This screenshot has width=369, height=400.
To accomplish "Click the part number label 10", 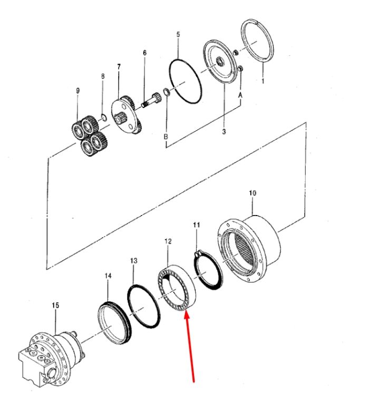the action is pos(253,193).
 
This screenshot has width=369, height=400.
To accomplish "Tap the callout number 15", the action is pos(55,305).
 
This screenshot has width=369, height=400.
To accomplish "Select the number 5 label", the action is pos(178,34).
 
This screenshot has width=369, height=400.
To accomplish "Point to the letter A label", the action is pos(240,95).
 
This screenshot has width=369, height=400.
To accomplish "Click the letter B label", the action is pos(166,136).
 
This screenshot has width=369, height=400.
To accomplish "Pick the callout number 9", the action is pos(78,91).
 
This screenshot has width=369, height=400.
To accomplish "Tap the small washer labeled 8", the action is pos(103,117).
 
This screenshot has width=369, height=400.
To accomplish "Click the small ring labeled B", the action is pos(166,92).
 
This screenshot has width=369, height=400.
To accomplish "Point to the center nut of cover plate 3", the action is pos(219,61).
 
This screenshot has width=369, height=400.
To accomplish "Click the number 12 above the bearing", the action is pos(168,241).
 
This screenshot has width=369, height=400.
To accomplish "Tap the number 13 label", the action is pos(133,260).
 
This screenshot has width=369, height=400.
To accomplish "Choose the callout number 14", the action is pos(108,276).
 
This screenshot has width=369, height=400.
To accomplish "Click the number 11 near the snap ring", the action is pos(197,225).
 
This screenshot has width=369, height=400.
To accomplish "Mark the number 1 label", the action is pos(263,81).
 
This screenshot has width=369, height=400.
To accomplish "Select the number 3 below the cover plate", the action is pos(224,132).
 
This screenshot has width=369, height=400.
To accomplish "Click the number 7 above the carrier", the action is pos(119,67).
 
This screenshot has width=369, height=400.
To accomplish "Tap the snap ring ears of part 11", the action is pos(197,255).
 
